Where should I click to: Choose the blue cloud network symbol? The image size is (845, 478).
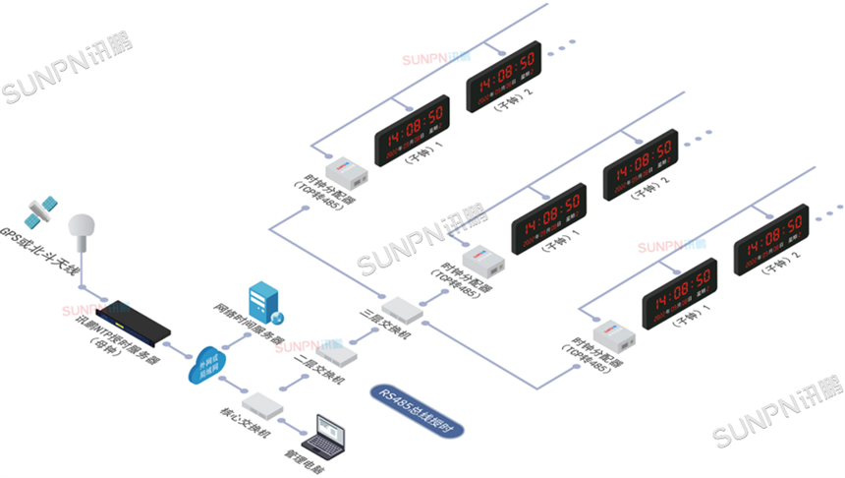tap(207, 364)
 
